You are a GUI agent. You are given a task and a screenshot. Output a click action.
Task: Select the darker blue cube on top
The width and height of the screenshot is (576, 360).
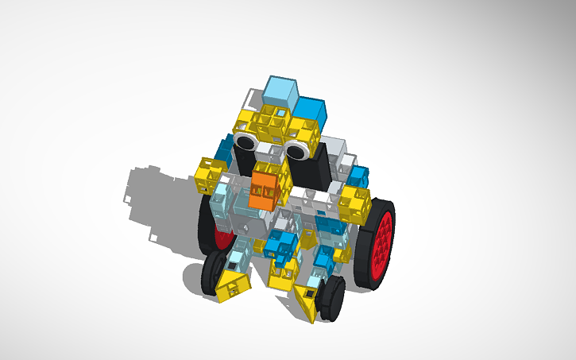[x=311, y=111]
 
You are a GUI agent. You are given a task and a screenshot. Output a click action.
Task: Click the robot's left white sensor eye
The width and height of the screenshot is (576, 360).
[x=245, y=141]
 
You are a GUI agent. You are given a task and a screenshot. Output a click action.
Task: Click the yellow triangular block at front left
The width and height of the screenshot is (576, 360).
[x=234, y=285]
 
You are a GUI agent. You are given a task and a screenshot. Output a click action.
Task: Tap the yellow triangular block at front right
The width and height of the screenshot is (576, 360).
[x=307, y=304]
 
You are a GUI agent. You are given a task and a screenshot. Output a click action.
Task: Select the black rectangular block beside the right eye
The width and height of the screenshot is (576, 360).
[x=319, y=168]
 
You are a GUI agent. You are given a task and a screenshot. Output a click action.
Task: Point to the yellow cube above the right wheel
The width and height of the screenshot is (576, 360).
[x=354, y=205]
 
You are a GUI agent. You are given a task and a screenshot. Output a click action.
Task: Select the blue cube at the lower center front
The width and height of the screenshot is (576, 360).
[x=280, y=243]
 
